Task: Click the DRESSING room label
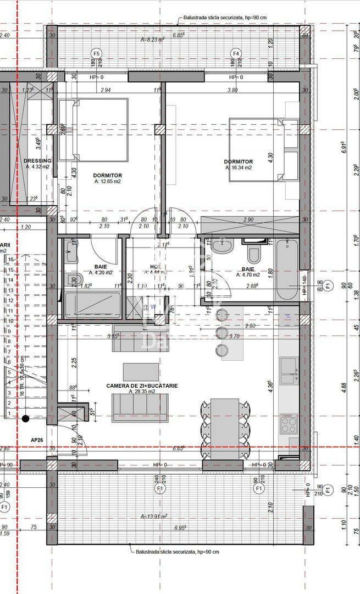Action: [x=37, y=161]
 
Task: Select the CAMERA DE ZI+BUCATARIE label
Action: [x=142, y=386]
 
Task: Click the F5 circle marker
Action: [x=97, y=53]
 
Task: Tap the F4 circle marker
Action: [x=236, y=53]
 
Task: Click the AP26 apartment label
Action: [x=37, y=441]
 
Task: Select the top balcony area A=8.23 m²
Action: [x=153, y=40]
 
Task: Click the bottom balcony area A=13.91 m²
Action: [x=153, y=516]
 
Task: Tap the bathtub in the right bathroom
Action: [x=286, y=269]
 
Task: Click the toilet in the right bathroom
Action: [x=254, y=254]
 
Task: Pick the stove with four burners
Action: [x=289, y=424]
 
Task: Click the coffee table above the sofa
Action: [x=141, y=371]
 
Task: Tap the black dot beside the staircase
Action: [x=25, y=419]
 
